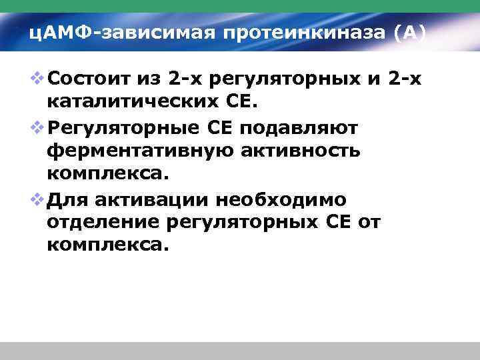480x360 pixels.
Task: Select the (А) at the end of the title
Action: click(x=409, y=32)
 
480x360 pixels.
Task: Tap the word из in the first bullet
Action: click(x=150, y=81)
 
